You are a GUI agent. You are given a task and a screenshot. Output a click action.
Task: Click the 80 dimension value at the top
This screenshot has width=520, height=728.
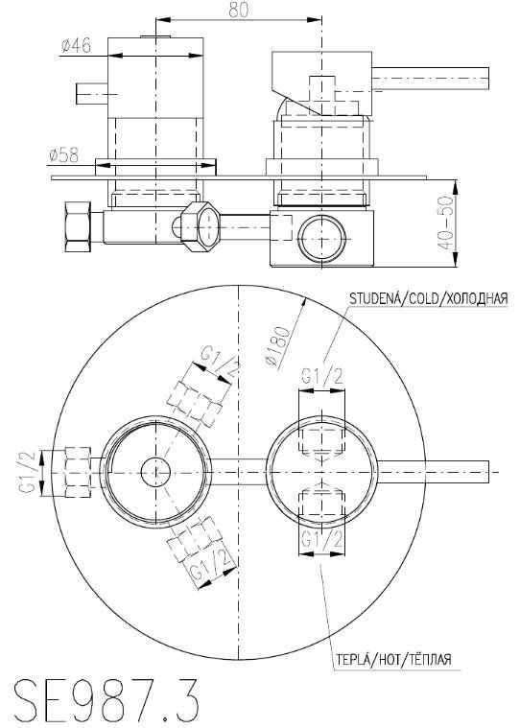click(239, 10)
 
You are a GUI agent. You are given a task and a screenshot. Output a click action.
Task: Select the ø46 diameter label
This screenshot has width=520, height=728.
click(76, 45)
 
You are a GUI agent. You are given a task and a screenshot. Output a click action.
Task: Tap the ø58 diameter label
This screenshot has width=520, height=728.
click(63, 155)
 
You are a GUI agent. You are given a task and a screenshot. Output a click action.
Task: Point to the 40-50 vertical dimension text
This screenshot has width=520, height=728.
click(446, 223)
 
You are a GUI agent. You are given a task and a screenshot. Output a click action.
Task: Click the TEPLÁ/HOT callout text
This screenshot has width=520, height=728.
click(393, 658)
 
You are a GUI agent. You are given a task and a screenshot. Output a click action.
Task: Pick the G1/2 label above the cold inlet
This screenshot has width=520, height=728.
click(322, 376)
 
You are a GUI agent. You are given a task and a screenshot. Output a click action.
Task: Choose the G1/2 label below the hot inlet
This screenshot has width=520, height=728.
click(322, 540)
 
